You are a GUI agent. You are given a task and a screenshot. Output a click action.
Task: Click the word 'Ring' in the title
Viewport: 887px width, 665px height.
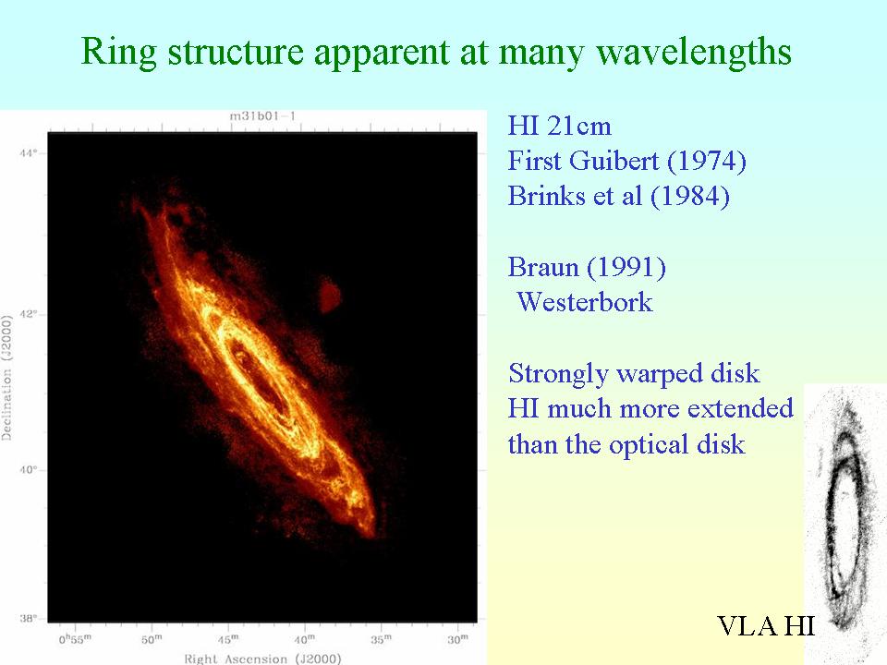(119, 52)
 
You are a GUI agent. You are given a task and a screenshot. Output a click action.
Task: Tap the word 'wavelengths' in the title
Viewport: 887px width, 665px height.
(694, 52)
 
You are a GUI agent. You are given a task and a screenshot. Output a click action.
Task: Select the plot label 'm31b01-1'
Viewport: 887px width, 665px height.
(262, 116)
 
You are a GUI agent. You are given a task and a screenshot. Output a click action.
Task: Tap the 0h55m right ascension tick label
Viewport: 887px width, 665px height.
(75, 639)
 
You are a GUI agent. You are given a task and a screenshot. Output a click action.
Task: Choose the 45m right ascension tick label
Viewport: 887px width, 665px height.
(228, 639)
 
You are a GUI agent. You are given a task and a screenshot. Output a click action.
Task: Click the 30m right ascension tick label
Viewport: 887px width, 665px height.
(457, 639)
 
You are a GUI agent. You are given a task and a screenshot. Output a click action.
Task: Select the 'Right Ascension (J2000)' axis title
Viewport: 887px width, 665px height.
(262, 659)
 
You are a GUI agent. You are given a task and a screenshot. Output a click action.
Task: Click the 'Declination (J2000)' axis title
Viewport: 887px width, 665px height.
(6, 378)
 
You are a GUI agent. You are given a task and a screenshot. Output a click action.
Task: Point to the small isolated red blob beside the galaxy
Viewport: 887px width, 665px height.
(329, 294)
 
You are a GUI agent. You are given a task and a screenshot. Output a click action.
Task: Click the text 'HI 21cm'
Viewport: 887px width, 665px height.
(560, 126)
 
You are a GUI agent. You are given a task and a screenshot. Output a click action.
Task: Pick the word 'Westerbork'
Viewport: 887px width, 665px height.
(585, 302)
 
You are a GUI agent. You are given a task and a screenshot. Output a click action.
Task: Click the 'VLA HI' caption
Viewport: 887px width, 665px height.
(765, 626)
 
